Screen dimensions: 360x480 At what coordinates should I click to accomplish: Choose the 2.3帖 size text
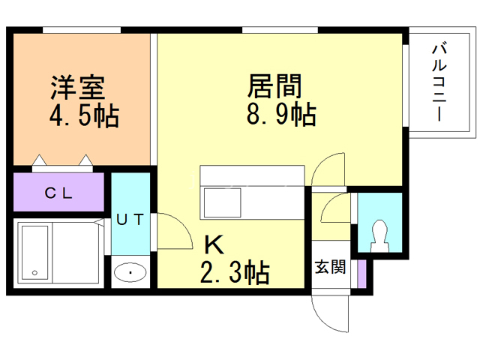(x=235, y=273)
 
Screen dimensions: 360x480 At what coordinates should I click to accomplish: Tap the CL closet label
(x=58, y=193)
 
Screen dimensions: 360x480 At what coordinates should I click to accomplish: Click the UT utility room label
(x=130, y=220)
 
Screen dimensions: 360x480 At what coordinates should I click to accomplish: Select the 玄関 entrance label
(x=330, y=267)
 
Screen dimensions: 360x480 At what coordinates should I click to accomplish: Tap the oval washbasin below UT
(x=131, y=272)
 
